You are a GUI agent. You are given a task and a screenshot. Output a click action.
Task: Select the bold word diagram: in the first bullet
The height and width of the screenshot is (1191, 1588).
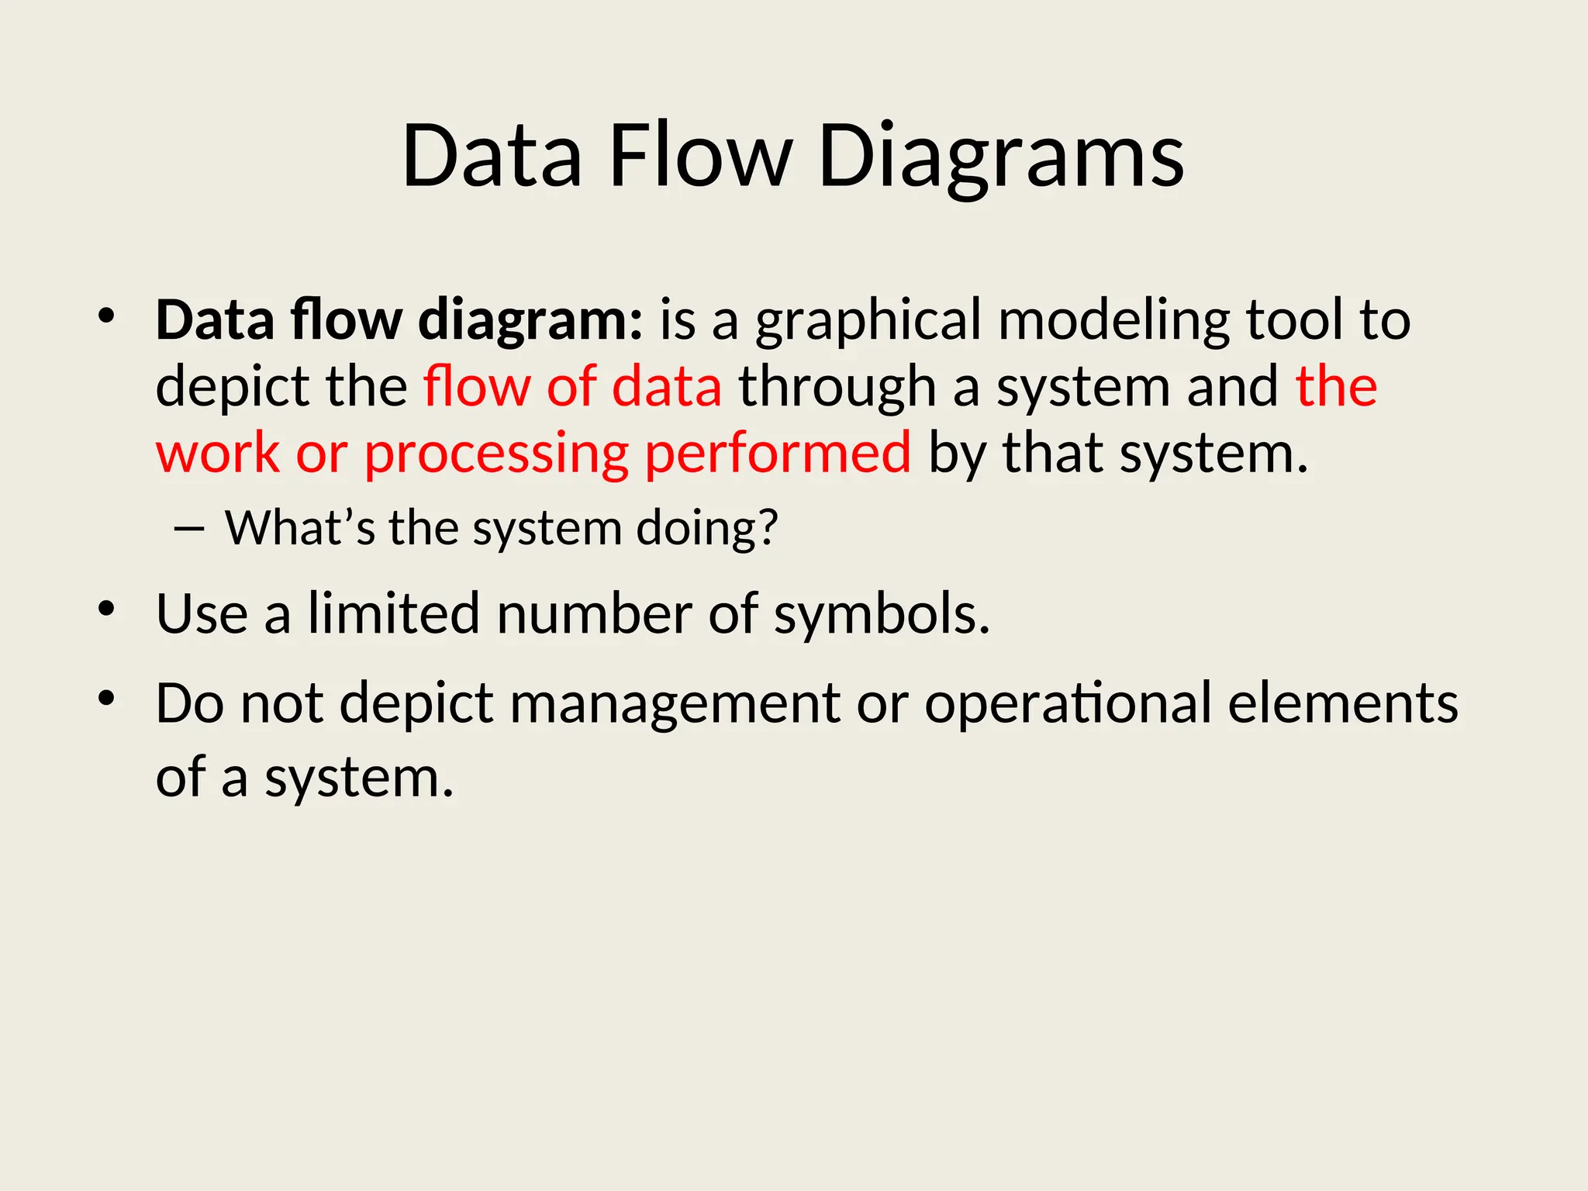click(x=530, y=321)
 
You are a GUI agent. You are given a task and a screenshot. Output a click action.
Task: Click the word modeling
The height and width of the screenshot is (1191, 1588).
click(x=1113, y=321)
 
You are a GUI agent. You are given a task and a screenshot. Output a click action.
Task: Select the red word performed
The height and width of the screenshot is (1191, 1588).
click(x=778, y=454)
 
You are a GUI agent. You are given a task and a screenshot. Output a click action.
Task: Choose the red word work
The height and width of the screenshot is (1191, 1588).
click(x=217, y=454)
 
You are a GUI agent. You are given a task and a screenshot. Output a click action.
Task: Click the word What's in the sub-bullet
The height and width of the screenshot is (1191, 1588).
click(x=299, y=529)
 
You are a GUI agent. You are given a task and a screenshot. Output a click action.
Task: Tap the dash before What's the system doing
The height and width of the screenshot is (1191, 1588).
click(x=190, y=530)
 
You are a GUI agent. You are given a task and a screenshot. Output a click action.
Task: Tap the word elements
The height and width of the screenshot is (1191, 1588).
click(x=1343, y=703)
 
